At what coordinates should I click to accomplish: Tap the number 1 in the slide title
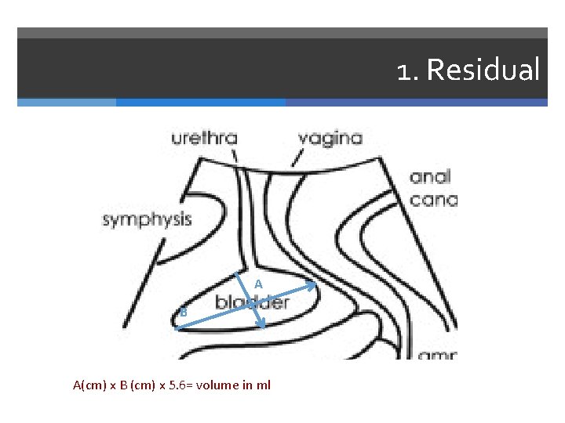(x=404, y=71)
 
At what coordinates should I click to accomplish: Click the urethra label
(x=204, y=139)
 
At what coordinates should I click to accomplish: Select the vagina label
(x=330, y=139)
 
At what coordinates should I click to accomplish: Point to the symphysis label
(x=147, y=219)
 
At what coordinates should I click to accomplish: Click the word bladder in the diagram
(x=252, y=302)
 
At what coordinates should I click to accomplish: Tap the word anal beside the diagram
(x=431, y=177)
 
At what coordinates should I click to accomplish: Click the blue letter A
(x=257, y=284)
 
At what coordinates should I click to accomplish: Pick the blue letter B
(x=184, y=313)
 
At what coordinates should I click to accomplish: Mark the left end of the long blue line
(x=177, y=327)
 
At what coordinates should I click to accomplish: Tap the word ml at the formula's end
(x=264, y=385)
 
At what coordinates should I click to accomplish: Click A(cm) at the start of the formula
(x=89, y=385)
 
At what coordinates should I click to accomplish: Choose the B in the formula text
(x=124, y=385)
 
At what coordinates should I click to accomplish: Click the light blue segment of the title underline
(x=67, y=102)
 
